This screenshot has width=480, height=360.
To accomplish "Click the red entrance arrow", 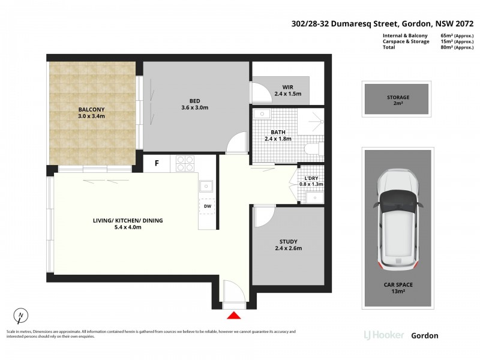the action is point(234,316).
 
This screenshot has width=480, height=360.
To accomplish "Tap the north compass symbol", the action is point(21,316).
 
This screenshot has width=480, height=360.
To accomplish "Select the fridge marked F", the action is point(157,163).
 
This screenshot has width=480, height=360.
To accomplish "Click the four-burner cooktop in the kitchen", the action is point(186,163).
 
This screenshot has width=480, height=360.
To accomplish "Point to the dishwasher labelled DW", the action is point(208,206).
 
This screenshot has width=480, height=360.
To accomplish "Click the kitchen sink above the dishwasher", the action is point(206,186).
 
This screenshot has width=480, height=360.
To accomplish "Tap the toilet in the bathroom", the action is point(314,149).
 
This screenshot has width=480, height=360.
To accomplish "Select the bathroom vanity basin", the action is point(262,114).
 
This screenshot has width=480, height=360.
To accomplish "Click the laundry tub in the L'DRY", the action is point(314,198).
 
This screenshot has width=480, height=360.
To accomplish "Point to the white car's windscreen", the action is point(398,200).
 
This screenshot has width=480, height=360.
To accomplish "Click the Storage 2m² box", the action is point(397,99).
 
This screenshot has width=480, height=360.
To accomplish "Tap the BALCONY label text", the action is point(92,109).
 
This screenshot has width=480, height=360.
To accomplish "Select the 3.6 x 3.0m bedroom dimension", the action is point(194,108).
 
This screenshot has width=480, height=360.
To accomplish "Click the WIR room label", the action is point(288,87).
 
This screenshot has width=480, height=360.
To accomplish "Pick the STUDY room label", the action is point(289,242).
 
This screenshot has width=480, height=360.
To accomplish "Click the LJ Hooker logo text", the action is point(384,335).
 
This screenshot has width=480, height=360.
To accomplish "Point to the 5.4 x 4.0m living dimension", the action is point(128,227).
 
